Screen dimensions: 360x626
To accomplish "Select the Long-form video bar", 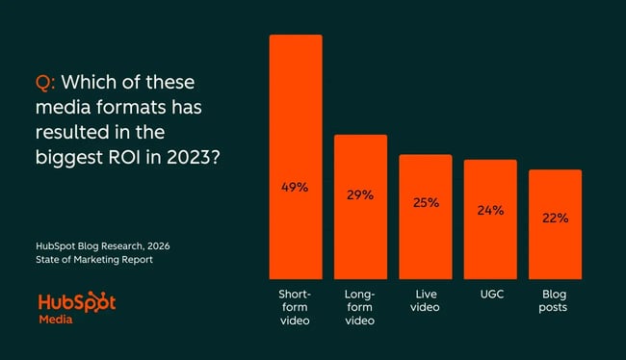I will tap(360, 207).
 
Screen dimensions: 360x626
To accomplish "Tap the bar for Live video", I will tap(425, 217).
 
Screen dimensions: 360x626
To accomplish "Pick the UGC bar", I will tap(490, 219).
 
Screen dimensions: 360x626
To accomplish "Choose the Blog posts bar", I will tap(555, 224).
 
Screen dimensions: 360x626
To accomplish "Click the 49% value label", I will tap(296, 187).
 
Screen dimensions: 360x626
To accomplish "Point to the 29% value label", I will tap(360, 194).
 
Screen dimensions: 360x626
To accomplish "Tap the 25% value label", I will tap(425, 203).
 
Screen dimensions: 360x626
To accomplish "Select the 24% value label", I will tap(490, 210).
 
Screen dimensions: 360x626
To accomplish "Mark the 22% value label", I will tap(555, 219).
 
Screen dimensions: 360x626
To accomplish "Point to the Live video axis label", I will tap(425, 300).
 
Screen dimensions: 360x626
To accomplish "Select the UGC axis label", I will tap(490, 294).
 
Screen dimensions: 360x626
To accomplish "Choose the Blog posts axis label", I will tap(555, 300).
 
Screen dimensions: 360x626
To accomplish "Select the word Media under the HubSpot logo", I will tap(58, 319).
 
